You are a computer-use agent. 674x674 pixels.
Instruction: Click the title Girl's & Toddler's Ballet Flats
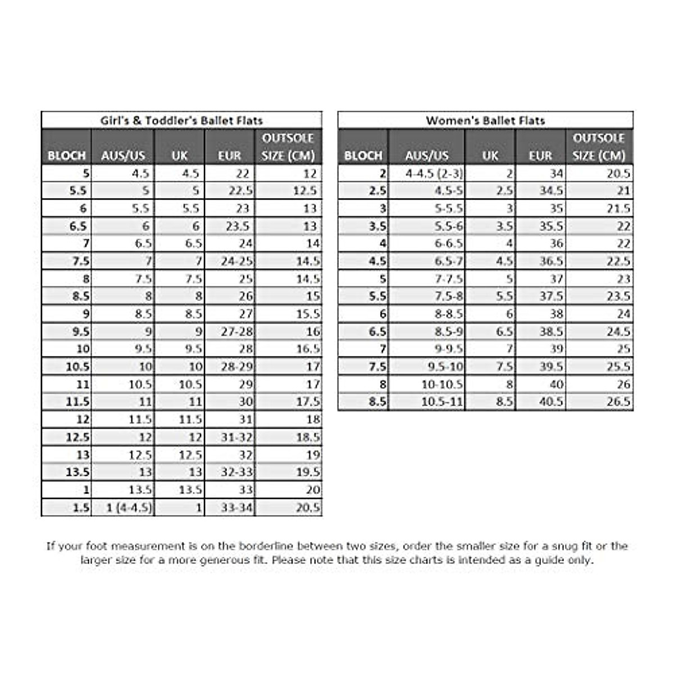181,120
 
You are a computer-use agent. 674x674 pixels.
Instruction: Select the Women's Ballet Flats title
485,120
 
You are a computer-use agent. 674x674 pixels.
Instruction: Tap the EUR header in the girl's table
229,156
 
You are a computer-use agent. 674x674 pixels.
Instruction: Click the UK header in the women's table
490,156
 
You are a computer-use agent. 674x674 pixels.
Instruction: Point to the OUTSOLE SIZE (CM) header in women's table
599,147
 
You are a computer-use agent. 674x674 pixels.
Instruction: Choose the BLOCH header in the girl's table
66,156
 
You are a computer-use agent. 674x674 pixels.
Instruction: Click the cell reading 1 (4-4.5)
129,508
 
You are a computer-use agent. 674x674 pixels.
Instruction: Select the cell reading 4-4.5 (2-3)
434,174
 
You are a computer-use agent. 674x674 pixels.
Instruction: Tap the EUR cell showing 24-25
236,261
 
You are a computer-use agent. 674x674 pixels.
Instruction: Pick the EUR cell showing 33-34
236,508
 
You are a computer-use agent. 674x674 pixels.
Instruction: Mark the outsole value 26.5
618,402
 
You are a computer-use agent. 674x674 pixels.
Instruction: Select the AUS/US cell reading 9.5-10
445,366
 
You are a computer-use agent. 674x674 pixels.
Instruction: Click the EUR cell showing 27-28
236,331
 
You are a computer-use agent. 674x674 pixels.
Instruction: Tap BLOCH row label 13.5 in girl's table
78,472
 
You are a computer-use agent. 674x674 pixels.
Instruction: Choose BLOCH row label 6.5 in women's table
377,331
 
